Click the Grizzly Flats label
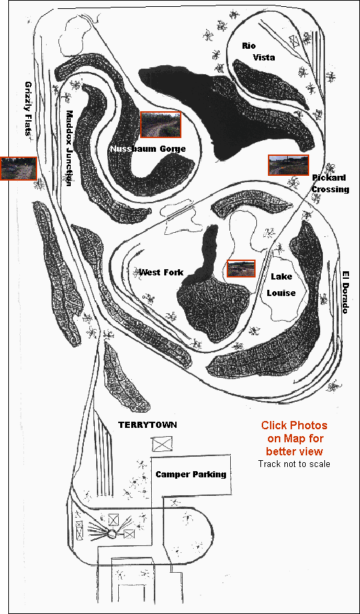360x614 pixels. tap(29, 108)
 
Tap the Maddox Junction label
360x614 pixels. tap(69, 148)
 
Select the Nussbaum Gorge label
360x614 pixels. tap(148, 149)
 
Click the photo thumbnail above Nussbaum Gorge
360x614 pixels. tap(161, 124)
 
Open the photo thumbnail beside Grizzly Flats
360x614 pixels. tap(19, 168)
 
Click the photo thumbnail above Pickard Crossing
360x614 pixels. tap(289, 165)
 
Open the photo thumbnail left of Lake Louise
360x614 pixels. tap(241, 269)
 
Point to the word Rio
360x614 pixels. tap(249, 46)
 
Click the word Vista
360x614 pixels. tap(264, 58)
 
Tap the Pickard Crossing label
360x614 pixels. tap(330, 183)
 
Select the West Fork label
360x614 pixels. tap(161, 272)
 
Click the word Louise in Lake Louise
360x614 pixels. tap(281, 293)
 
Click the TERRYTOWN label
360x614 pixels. tap(148, 425)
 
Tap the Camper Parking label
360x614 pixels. tap(191, 475)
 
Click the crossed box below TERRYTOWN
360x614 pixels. tap(162, 444)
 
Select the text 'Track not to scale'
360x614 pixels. tap(294, 464)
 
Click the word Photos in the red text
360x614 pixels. tap(310, 425)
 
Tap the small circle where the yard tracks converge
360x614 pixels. tap(112, 533)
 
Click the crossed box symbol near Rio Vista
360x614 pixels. tap(294, 41)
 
